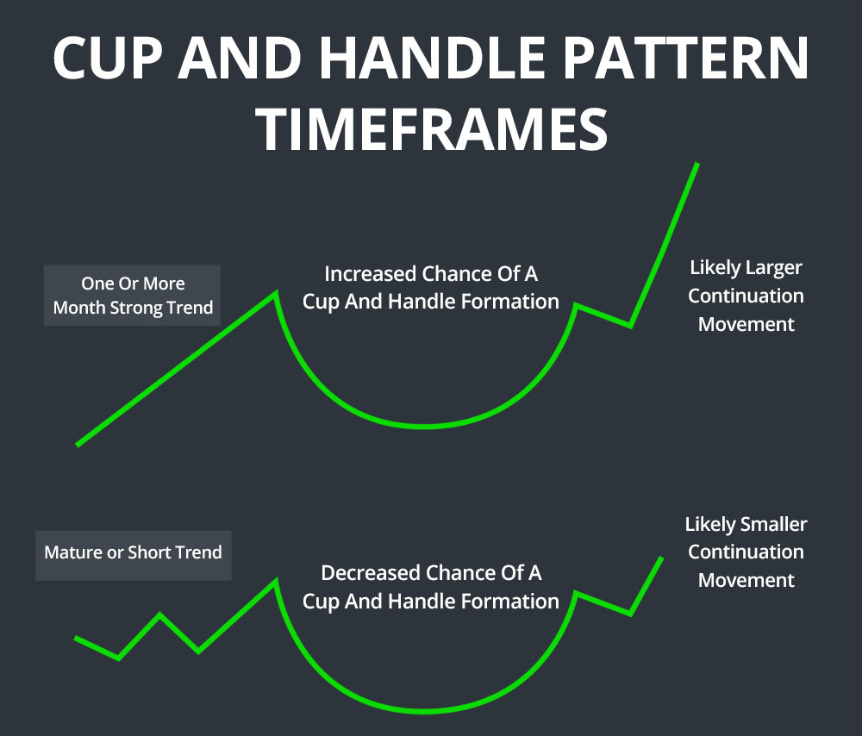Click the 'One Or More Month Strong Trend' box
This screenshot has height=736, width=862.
(x=133, y=296)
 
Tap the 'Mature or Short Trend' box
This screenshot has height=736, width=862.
(x=133, y=552)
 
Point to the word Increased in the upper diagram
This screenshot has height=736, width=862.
(x=371, y=274)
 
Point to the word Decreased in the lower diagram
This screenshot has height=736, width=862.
(x=369, y=573)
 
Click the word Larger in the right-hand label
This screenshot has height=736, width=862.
(x=771, y=267)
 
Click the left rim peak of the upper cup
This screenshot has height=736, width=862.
(x=275, y=293)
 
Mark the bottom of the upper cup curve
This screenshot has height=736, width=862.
(x=424, y=426)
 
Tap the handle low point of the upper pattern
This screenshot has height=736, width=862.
(x=630, y=326)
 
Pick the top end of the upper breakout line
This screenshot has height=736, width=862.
(x=696, y=164)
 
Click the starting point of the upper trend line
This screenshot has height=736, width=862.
(x=78, y=445)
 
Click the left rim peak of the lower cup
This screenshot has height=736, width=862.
(x=275, y=581)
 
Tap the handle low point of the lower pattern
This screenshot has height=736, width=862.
(x=630, y=614)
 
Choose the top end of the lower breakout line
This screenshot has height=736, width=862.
(x=662, y=558)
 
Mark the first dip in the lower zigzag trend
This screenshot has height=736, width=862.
(x=118, y=658)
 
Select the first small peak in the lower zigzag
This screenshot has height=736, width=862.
(x=159, y=614)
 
